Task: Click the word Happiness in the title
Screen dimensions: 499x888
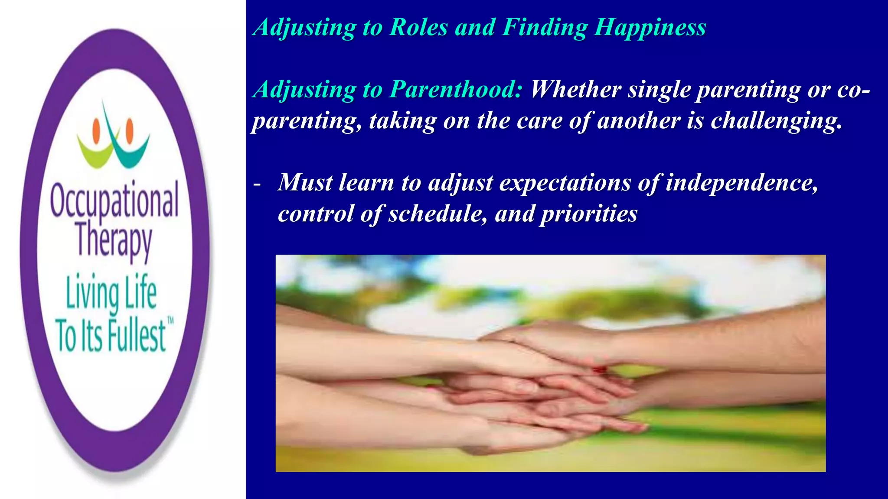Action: click(650, 28)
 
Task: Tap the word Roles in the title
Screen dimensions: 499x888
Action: click(419, 28)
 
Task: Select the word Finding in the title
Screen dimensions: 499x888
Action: click(545, 28)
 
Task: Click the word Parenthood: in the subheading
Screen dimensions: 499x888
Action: click(456, 90)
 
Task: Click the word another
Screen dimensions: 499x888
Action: click(637, 121)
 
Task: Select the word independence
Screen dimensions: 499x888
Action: click(741, 182)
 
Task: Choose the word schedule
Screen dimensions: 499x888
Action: click(437, 214)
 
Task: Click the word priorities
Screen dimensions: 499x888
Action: click(589, 214)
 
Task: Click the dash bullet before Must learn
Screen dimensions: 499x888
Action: click(257, 184)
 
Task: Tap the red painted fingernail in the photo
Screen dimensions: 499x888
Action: click(600, 369)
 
